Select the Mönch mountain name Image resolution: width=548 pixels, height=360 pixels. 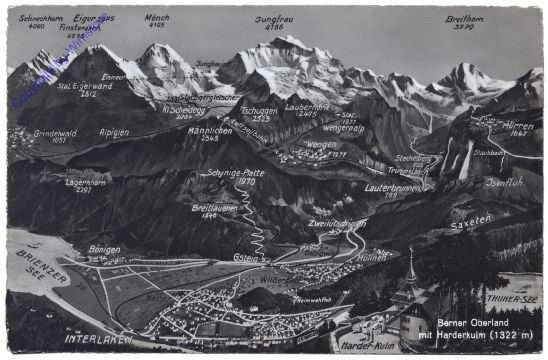point(158,18)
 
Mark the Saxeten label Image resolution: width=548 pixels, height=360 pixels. point(471,221)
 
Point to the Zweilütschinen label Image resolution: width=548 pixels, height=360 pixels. point(336,223)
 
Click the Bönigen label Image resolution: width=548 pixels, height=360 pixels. point(104,249)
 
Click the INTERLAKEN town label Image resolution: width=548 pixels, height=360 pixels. point(96,339)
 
